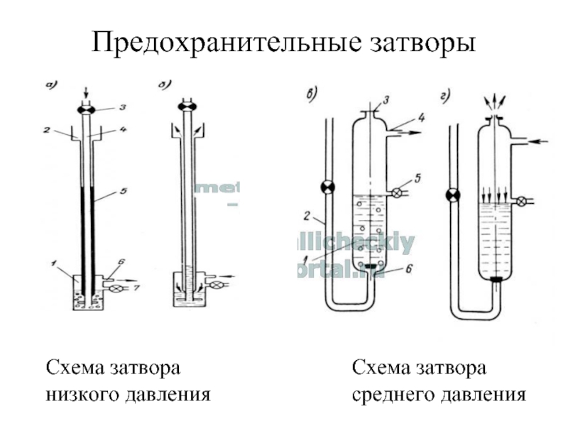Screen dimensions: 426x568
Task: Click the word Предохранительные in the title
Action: point(217,45)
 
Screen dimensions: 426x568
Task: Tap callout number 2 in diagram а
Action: point(45,131)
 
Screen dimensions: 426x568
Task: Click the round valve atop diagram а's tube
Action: point(87,108)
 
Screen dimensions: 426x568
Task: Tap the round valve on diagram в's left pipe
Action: point(327,188)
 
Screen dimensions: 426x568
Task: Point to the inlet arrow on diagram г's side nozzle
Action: point(541,142)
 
